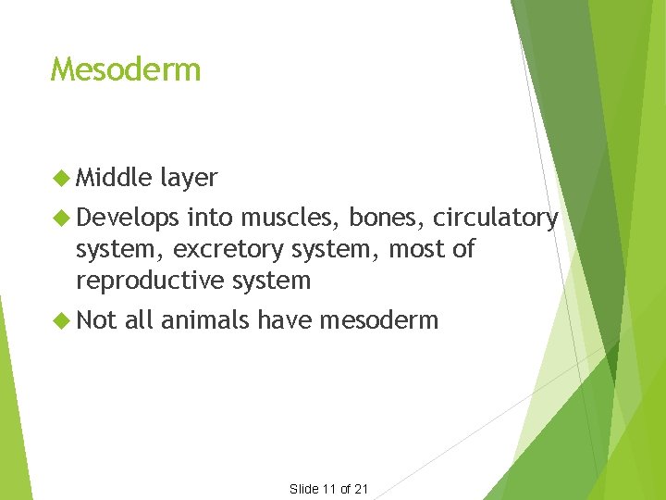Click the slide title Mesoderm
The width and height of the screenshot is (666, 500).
[x=126, y=69]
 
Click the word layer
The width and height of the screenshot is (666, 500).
[x=189, y=177]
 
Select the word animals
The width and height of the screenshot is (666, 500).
[x=204, y=320]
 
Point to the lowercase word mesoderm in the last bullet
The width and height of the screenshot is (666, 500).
[x=378, y=320]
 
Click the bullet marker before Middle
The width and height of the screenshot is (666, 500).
[x=62, y=177]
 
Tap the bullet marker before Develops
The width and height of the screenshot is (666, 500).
[x=62, y=218]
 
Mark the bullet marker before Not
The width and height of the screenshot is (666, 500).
[x=62, y=320]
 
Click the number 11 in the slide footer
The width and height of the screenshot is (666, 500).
[x=329, y=489]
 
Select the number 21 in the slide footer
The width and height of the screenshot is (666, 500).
[x=361, y=489]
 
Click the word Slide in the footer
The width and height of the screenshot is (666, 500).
[x=304, y=489]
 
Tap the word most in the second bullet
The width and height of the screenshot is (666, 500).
[x=417, y=249]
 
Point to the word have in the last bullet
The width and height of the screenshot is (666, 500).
[x=284, y=320]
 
